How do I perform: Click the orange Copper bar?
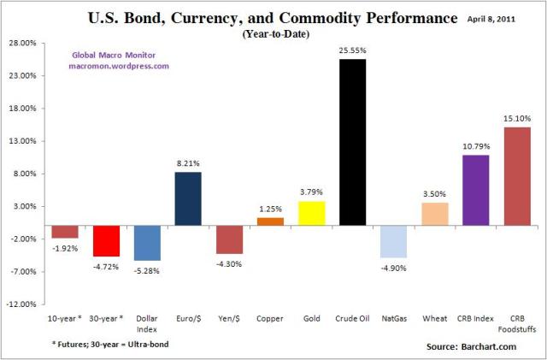point(270,221)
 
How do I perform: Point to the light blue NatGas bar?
point(393,241)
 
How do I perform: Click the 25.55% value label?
point(352,50)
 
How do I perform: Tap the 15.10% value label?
point(516,119)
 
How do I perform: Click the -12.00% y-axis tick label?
point(22,304)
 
